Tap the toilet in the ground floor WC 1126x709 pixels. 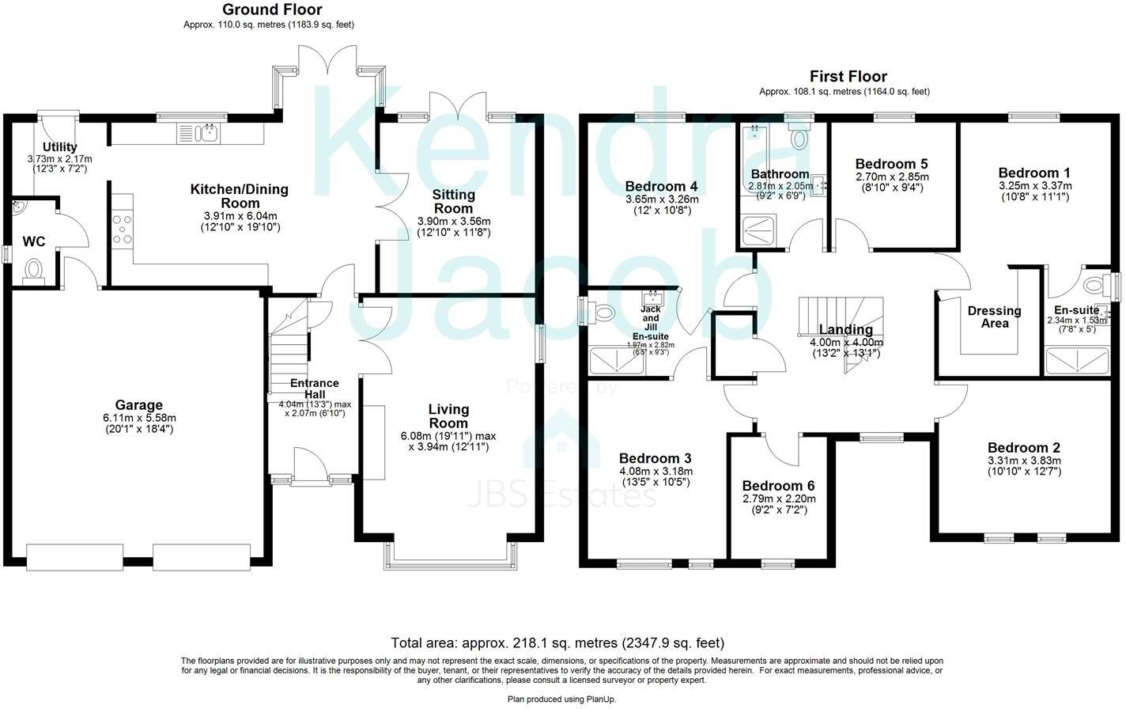34,271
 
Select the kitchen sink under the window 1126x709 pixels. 208,134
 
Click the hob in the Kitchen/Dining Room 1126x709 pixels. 123,229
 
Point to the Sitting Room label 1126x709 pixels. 454,201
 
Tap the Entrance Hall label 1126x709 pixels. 315,389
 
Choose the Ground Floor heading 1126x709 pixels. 271,10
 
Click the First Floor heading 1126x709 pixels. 848,77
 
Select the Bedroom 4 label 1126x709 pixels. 661,187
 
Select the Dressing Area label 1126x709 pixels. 994,317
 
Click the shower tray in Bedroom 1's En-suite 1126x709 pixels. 1078,362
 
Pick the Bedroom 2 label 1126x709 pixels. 1023,448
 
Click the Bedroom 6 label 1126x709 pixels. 778,486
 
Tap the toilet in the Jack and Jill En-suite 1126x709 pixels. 604,312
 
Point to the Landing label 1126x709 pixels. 845,330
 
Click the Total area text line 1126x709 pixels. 557,643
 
